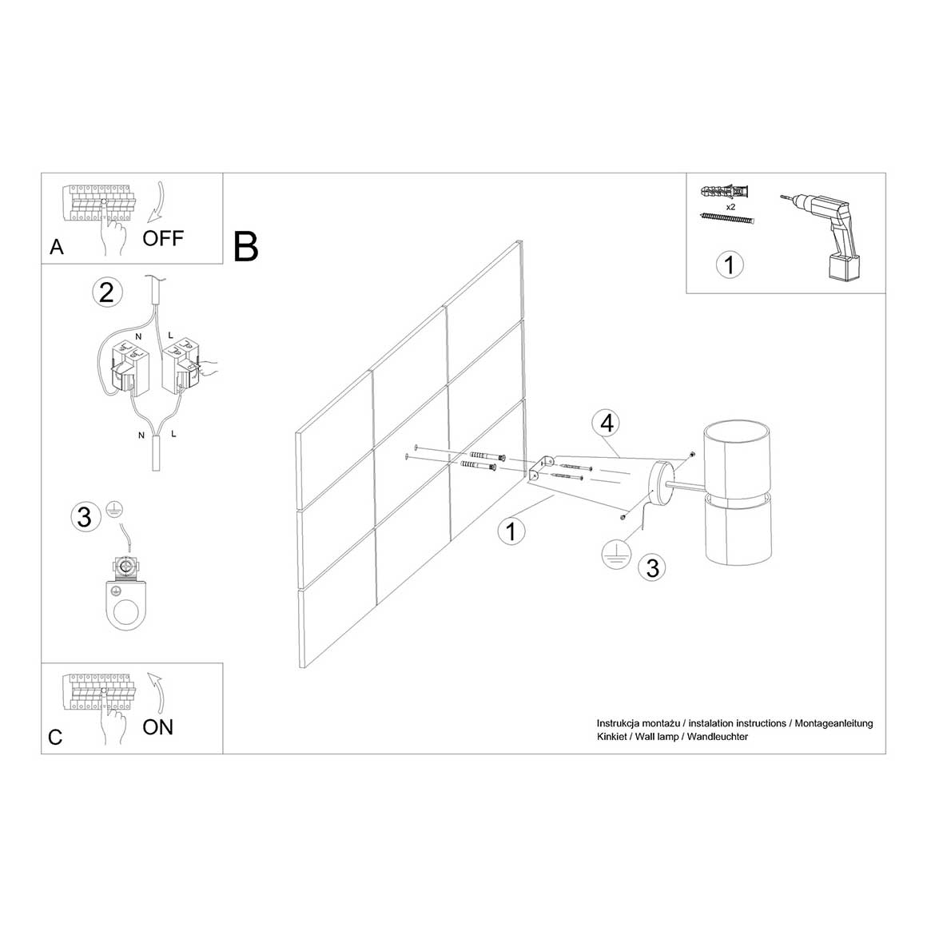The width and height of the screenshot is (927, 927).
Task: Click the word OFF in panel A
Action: [162, 238]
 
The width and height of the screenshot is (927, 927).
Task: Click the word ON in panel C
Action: [158, 727]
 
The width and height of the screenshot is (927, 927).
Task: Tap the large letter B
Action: [246, 246]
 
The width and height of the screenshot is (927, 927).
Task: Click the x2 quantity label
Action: [730, 207]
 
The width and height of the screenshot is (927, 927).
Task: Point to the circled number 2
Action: [107, 292]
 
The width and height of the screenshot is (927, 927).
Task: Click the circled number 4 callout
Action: [607, 424]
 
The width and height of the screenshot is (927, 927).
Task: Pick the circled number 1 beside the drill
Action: [730, 265]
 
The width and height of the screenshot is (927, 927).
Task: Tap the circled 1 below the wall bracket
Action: [511, 531]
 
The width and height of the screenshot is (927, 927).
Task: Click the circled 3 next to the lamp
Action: [652, 567]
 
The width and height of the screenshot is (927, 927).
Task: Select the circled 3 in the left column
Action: [86, 517]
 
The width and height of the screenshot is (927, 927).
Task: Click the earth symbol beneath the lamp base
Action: [616, 554]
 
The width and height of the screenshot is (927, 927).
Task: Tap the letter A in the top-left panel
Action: [57, 247]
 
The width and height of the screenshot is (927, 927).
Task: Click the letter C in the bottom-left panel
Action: [55, 738]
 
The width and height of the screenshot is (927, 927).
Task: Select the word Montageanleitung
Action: [834, 724]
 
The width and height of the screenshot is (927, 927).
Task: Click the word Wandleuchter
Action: [717, 737]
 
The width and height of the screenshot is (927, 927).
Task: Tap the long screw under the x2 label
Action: [727, 218]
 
